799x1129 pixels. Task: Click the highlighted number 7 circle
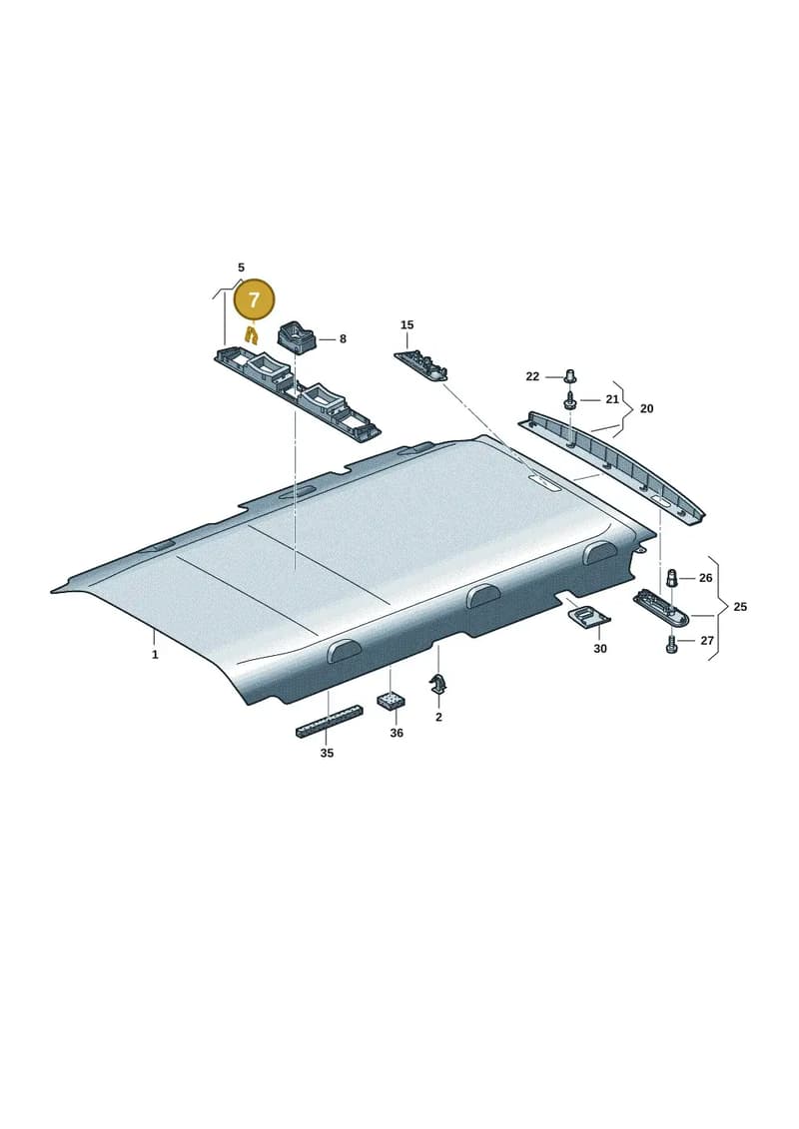point(255,299)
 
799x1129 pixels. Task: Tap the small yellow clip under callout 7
point(252,334)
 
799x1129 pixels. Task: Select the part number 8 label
point(343,338)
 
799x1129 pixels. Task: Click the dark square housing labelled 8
point(296,337)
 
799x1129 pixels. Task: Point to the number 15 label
point(407,324)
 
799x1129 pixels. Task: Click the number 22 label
point(532,376)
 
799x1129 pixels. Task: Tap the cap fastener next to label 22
point(571,375)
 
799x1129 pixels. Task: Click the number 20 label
point(647,408)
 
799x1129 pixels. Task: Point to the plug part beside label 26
point(671,577)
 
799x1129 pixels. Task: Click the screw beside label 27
point(671,642)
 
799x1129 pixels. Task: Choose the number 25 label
point(740,607)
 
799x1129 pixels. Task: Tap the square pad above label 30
point(588,616)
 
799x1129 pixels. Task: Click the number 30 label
point(600,648)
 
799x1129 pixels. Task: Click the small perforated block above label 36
point(391,701)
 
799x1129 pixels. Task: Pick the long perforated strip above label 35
point(330,722)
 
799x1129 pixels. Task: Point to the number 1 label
point(155,655)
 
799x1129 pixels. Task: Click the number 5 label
point(242,268)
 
